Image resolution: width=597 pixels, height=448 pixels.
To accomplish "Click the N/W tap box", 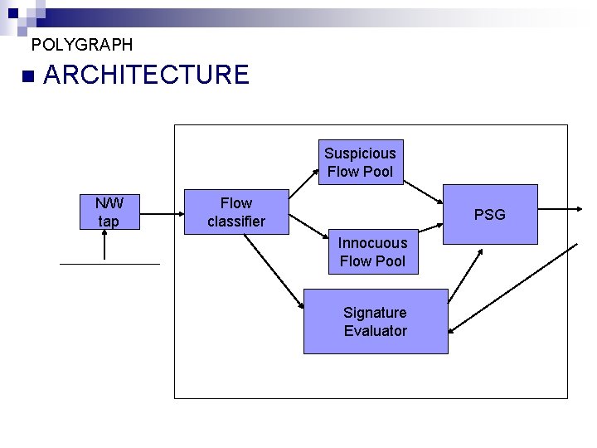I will pyautogui.click(x=108, y=212).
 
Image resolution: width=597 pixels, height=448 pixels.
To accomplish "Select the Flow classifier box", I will pyautogui.click(x=236, y=212).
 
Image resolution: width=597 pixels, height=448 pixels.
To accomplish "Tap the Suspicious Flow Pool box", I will pyautogui.click(x=360, y=162).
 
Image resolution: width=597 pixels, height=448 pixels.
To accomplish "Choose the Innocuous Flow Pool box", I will pyautogui.click(x=372, y=251).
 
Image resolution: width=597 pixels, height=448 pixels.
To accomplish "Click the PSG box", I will pyautogui.click(x=489, y=215).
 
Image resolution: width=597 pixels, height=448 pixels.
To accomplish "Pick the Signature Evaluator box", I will pyautogui.click(x=376, y=321).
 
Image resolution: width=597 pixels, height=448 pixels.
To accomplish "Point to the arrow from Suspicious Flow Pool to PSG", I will pyautogui.click(x=423, y=189).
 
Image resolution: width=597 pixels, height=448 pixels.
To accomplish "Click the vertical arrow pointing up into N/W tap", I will pyautogui.click(x=106, y=246).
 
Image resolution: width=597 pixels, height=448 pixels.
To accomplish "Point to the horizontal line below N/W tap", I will pyautogui.click(x=109, y=264).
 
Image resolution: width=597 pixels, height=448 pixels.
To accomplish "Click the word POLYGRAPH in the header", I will pyautogui.click(x=81, y=45).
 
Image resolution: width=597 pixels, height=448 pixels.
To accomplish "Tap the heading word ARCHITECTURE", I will pyautogui.click(x=146, y=75).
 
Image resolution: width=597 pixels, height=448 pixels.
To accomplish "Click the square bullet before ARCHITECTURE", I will pyautogui.click(x=29, y=76).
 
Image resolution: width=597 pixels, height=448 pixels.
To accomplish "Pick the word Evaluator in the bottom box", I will pyautogui.click(x=376, y=331).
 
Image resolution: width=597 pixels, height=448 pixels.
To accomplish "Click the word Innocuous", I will pyautogui.click(x=372, y=242).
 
